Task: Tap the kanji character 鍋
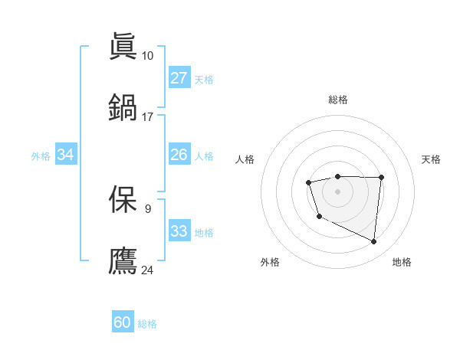click(x=123, y=107)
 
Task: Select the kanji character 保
click(x=123, y=199)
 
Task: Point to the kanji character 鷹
click(x=123, y=260)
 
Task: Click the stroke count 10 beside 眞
click(x=147, y=55)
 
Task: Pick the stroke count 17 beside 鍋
click(x=147, y=116)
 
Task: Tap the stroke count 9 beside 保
click(x=147, y=208)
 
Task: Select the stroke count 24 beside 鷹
click(x=147, y=270)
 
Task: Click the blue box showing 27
click(x=179, y=78)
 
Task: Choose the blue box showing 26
click(x=179, y=155)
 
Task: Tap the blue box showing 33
click(x=179, y=231)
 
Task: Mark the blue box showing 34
click(x=65, y=155)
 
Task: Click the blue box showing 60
click(x=123, y=322)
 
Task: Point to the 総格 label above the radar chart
click(x=337, y=100)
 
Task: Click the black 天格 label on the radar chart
click(x=431, y=159)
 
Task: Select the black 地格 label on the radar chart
click(x=402, y=262)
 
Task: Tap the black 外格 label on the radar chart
click(x=270, y=262)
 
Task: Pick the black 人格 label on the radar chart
click(x=245, y=159)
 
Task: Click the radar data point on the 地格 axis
click(x=374, y=242)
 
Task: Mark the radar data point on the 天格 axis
click(x=382, y=177)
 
